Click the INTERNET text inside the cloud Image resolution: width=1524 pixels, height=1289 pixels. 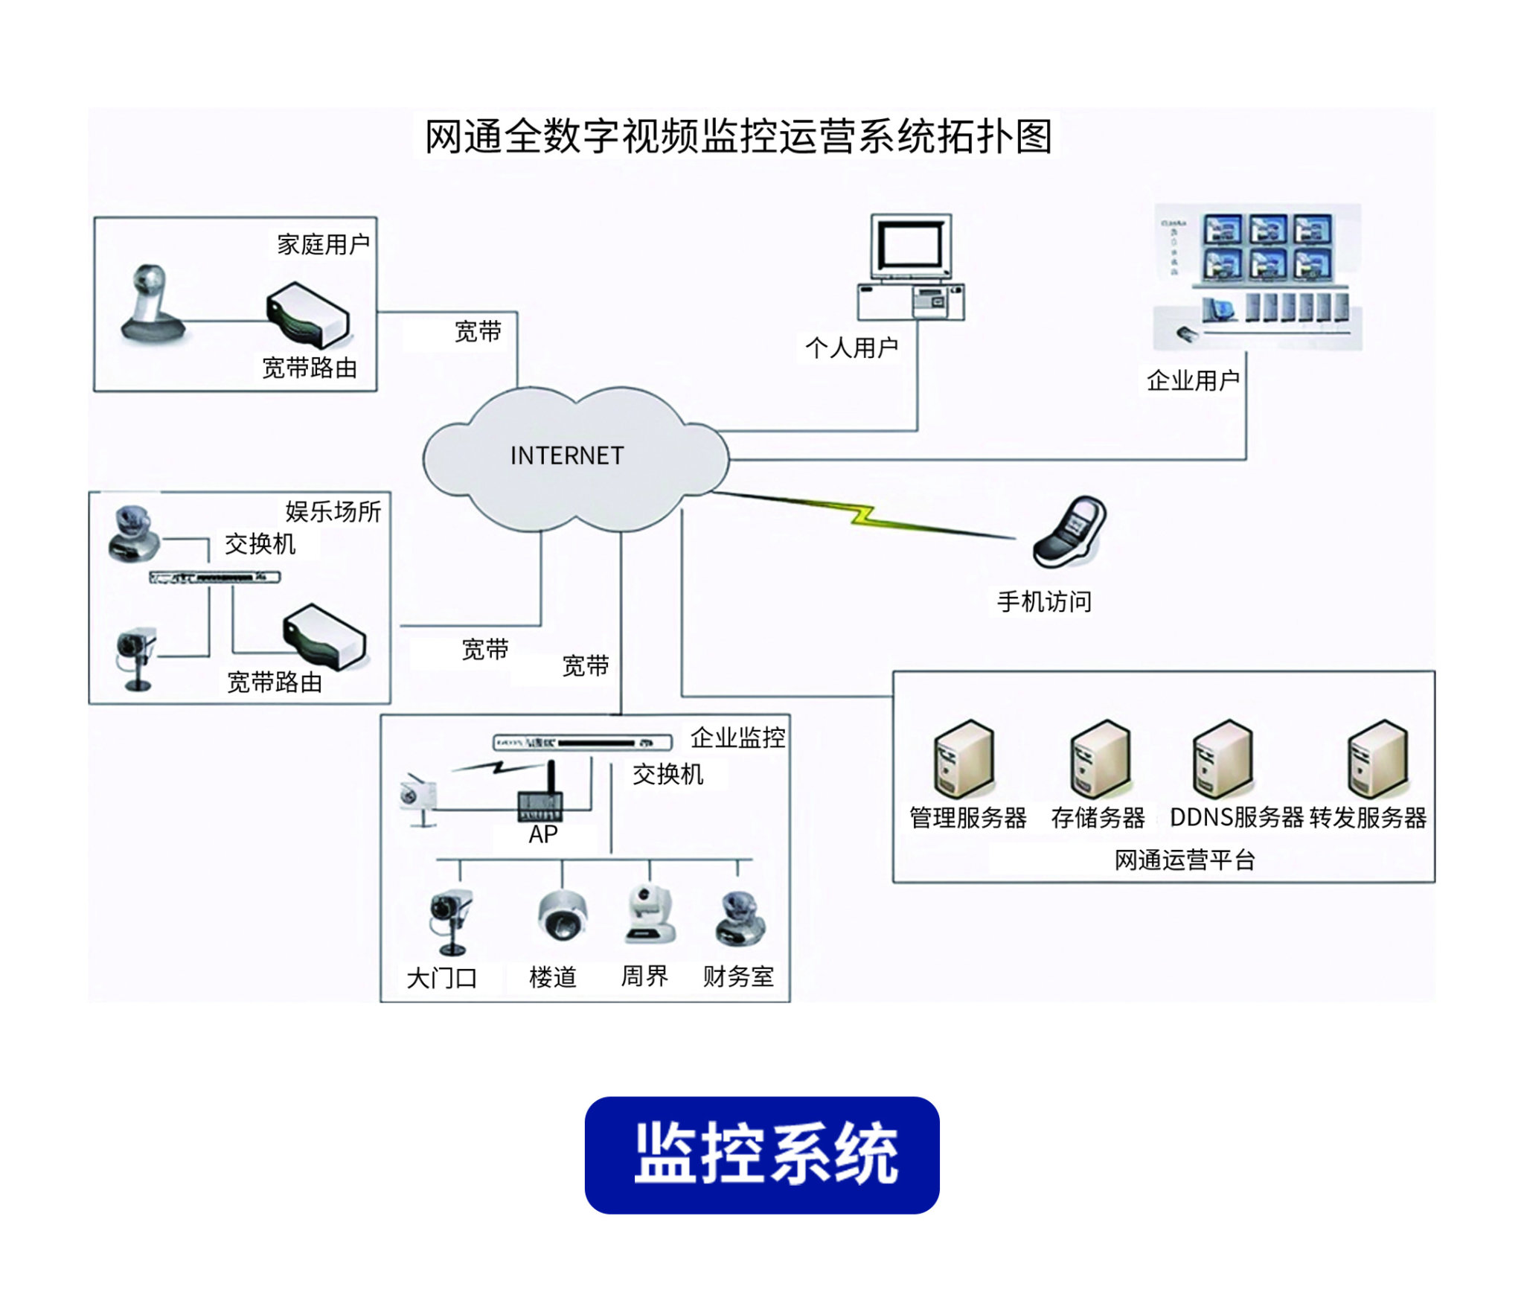pyautogui.click(x=566, y=455)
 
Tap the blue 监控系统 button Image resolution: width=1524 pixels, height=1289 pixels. pyautogui.click(x=762, y=1154)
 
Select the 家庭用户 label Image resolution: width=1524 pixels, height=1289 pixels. pyautogui.click(x=323, y=244)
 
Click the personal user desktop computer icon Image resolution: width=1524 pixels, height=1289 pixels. pyautogui.click(x=912, y=267)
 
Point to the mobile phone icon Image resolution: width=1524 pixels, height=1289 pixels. pyautogui.click(x=1070, y=532)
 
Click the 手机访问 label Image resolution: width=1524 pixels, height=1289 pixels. pyautogui.click(x=1044, y=601)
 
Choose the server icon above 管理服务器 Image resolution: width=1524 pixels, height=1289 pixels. pyautogui.click(x=964, y=759)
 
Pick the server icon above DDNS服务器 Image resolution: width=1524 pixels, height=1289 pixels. pyautogui.click(x=1223, y=759)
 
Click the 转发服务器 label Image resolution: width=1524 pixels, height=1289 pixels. pyautogui.click(x=1368, y=818)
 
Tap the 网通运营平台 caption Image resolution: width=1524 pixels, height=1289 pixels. pyautogui.click(x=1185, y=860)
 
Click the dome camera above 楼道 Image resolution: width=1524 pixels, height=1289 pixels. pyautogui.click(x=562, y=915)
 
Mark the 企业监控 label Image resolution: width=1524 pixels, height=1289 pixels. pyautogui.click(x=737, y=738)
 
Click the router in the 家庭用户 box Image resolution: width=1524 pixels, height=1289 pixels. pyautogui.click(x=308, y=315)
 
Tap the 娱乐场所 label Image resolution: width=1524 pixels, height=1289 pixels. pyautogui.click(x=333, y=511)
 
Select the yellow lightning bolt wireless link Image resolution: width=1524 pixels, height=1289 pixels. pyautogui.click(x=863, y=515)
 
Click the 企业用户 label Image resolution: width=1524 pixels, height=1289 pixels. pyautogui.click(x=1193, y=380)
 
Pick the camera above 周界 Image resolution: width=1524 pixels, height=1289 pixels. pyautogui.click(x=650, y=915)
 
